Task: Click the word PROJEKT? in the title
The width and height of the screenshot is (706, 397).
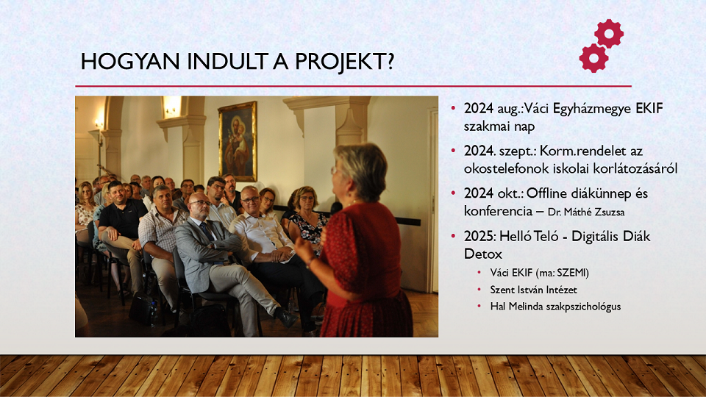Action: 344,62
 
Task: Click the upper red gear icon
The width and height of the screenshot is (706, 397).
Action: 609,33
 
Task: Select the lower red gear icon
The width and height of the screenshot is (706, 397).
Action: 594,58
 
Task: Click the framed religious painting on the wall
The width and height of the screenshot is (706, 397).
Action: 238,141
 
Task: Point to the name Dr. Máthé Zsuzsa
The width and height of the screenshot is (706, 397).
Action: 586,212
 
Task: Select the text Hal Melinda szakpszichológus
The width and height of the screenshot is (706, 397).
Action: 555,307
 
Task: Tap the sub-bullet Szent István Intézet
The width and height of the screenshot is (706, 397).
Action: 533,290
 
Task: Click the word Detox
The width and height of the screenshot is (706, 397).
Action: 482,254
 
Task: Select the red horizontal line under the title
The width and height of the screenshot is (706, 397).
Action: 353,86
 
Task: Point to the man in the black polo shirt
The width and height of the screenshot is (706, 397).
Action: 121,225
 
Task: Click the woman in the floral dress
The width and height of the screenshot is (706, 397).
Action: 308,221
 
